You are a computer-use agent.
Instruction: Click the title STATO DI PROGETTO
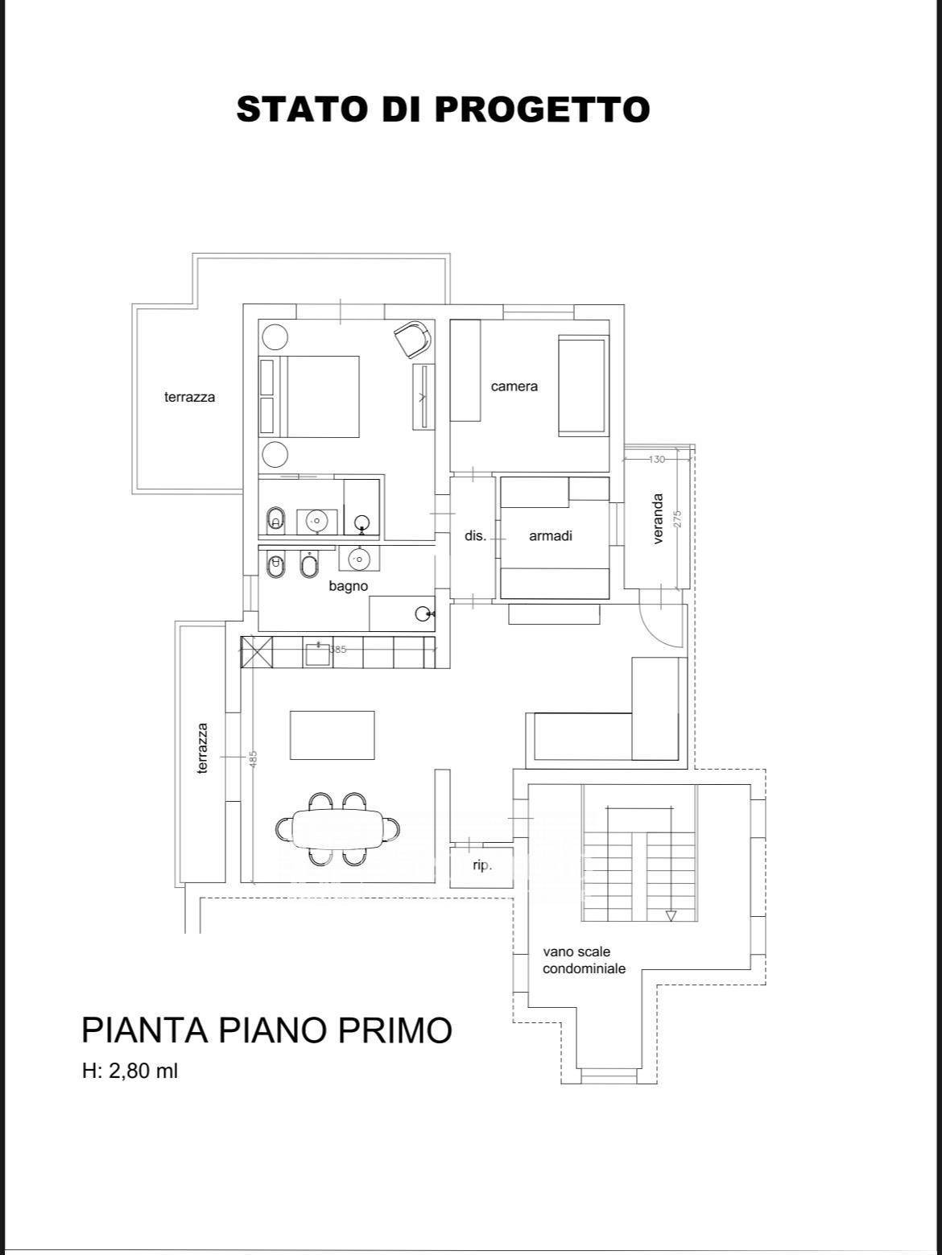coord(443,109)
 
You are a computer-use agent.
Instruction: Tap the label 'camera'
coord(514,386)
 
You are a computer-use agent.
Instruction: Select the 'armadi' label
coord(551,536)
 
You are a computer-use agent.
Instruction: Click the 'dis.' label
coord(475,536)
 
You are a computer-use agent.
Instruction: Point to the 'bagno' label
coord(348,586)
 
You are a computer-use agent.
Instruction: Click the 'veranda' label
coord(658,518)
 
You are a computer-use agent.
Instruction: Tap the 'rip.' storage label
coord(482,865)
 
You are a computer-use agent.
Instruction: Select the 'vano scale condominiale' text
coord(585,960)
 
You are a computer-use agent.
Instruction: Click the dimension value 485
coord(254,759)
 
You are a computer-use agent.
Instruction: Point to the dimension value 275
coord(677,518)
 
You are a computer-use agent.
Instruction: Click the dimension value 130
coord(657,459)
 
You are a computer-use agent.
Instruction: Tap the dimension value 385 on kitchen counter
coord(338,649)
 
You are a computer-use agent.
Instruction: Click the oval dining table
coord(337,828)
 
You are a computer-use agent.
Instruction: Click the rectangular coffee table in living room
coord(332,735)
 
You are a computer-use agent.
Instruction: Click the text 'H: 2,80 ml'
coord(130,1071)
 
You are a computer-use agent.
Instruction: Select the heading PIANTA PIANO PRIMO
coord(266,1030)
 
